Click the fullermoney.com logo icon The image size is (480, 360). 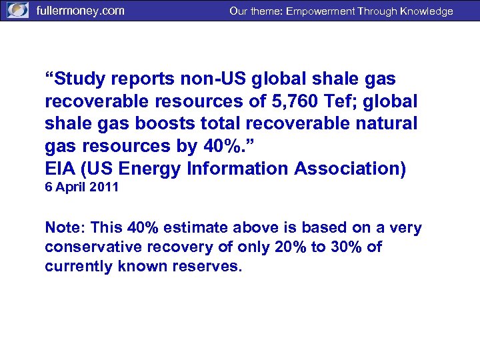click(x=17, y=11)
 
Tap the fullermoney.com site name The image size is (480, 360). click(x=80, y=11)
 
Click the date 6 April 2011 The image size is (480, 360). click(x=81, y=187)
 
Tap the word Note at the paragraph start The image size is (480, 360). click(x=64, y=228)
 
